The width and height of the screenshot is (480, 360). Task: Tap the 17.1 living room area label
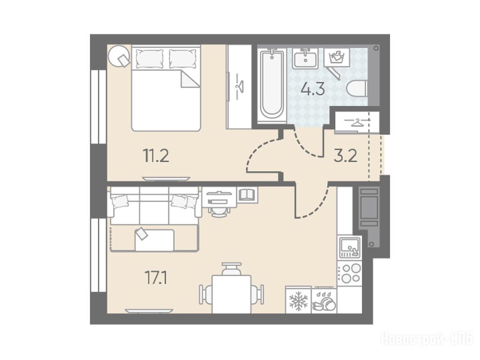coord(156,278)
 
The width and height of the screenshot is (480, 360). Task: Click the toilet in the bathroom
coord(357,88)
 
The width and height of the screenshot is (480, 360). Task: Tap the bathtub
coord(271,85)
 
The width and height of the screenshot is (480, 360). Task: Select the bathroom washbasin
coord(305,58)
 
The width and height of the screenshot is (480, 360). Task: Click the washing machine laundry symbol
coord(337,57)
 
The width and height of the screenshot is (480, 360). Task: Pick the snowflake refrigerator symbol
coord(298,300)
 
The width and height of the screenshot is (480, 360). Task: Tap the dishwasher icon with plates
coord(324,300)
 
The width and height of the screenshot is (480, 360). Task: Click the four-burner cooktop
coord(350,273)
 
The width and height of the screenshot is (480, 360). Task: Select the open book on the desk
coord(246,195)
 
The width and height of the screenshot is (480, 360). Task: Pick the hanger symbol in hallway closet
coord(357,122)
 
